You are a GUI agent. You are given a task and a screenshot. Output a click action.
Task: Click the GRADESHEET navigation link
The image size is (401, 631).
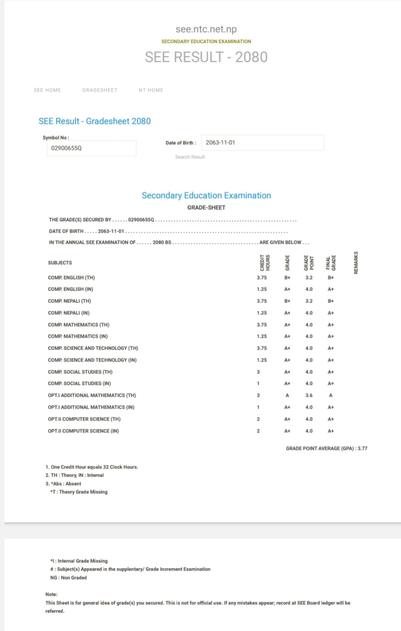[x=99, y=90]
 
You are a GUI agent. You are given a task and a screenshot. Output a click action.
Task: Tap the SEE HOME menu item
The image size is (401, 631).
[x=47, y=90]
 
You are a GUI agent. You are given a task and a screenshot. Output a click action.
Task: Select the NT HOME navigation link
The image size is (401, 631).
[x=151, y=90]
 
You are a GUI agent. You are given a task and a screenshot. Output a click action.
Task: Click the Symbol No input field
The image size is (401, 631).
[x=91, y=148]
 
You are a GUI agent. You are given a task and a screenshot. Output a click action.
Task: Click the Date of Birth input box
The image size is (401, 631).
[x=262, y=142]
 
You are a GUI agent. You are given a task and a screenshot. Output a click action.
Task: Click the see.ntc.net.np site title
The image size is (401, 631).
[x=206, y=29]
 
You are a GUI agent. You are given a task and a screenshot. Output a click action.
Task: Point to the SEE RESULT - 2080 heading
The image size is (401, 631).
[x=206, y=57]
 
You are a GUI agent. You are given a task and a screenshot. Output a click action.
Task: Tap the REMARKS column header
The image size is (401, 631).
[x=356, y=263]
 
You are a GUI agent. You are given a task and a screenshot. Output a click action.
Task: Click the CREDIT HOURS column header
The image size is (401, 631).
[x=265, y=263]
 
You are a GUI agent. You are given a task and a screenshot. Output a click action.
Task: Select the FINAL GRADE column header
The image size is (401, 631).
[x=331, y=263]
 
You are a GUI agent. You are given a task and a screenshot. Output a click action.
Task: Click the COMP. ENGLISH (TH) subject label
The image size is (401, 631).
[x=71, y=278]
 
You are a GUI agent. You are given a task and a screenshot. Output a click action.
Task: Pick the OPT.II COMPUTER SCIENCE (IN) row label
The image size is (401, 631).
[x=83, y=431]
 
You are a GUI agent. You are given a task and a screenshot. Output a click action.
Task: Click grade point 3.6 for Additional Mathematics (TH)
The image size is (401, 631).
[x=309, y=395]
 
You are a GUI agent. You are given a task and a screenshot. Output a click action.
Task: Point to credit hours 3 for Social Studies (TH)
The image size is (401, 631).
[x=258, y=372]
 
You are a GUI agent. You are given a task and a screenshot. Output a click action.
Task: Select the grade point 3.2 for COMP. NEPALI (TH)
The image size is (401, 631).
[x=309, y=301]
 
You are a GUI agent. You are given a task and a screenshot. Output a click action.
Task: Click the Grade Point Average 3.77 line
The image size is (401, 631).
[x=326, y=448]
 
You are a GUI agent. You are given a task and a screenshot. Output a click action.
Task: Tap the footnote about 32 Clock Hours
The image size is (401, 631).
[x=92, y=467]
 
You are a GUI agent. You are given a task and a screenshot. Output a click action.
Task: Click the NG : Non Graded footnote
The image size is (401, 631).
[x=68, y=578]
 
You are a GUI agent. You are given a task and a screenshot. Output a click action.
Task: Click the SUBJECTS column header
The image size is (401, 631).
[x=60, y=263]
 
